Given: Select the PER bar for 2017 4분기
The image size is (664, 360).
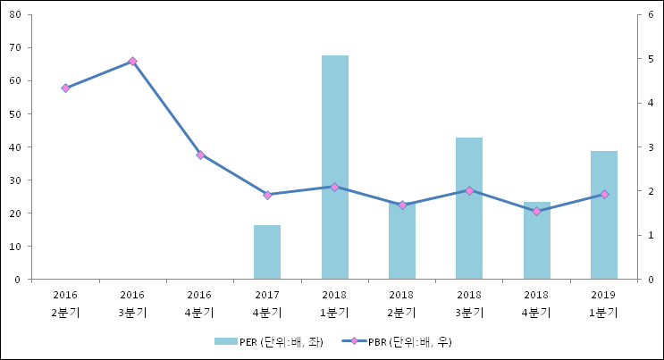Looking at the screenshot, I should (x=267, y=252).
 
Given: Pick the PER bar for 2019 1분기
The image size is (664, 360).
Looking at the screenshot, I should (x=604, y=215).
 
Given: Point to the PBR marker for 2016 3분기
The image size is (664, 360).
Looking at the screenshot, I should (x=132, y=62).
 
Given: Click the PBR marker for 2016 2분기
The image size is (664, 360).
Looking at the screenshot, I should (x=65, y=88).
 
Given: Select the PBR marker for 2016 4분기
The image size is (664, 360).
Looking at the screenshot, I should (x=200, y=155).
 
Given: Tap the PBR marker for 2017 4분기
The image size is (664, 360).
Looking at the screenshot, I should (x=267, y=195).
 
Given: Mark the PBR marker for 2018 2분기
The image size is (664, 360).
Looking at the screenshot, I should (x=402, y=205).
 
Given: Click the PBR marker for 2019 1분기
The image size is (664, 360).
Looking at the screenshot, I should (x=604, y=194).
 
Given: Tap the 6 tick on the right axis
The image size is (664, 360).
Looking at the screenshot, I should (x=651, y=15).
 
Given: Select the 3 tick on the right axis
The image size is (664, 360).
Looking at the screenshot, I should (x=651, y=147).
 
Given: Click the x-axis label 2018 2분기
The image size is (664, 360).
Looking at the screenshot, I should (x=402, y=304).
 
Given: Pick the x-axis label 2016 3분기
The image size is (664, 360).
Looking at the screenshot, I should (x=132, y=304).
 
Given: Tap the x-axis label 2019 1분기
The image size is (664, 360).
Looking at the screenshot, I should (x=604, y=304).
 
